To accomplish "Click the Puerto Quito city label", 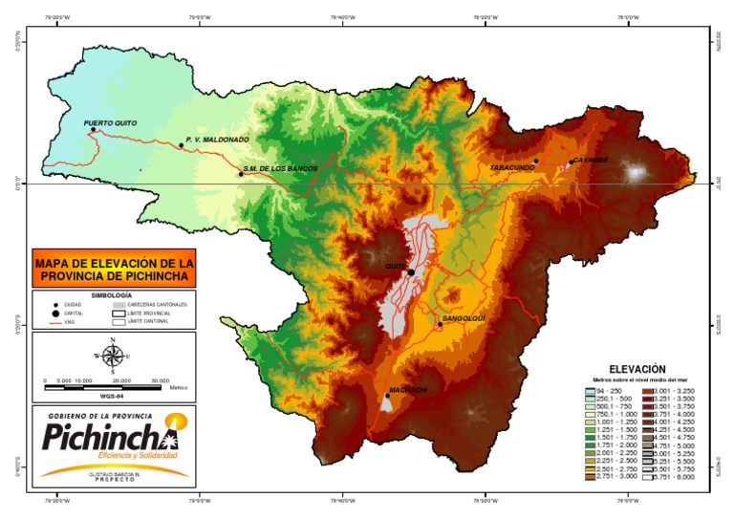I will point(110,123).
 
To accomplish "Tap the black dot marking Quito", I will point(411,272).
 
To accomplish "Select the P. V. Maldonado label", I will point(217,140).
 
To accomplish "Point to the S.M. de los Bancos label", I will point(280,168).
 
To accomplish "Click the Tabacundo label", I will point(511,167).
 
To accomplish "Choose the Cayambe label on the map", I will point(590,160).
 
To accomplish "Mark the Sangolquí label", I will point(464,317).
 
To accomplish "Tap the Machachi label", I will point(407,389).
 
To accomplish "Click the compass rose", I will point(113,357).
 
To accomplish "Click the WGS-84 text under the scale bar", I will point(113,395).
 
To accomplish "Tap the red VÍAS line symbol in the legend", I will point(54,323).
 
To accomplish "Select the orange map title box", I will point(114,269).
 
